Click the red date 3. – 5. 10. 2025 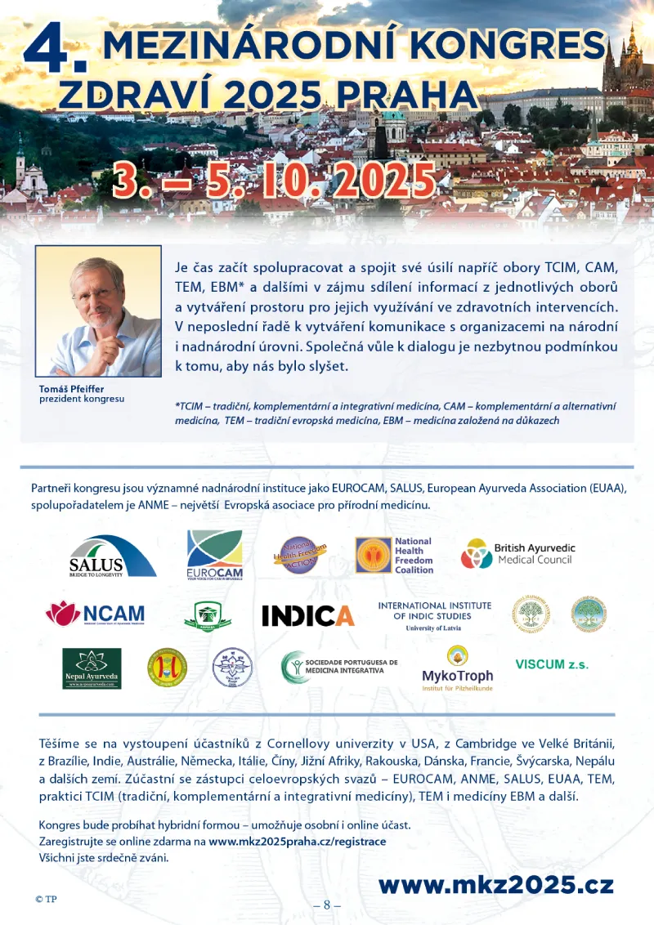pos(274,179)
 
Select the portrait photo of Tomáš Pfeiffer pos(98,311)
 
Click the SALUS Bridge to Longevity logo pos(112,556)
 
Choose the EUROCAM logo pos(214,555)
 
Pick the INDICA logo pos(307,615)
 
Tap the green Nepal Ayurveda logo pos(92,668)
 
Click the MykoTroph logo pos(457,668)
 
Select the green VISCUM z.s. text pos(552,664)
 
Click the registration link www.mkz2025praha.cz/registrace pos(297,841)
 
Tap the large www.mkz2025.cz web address pos(495,884)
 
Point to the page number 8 pos(327,905)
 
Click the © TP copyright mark pos(46,899)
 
